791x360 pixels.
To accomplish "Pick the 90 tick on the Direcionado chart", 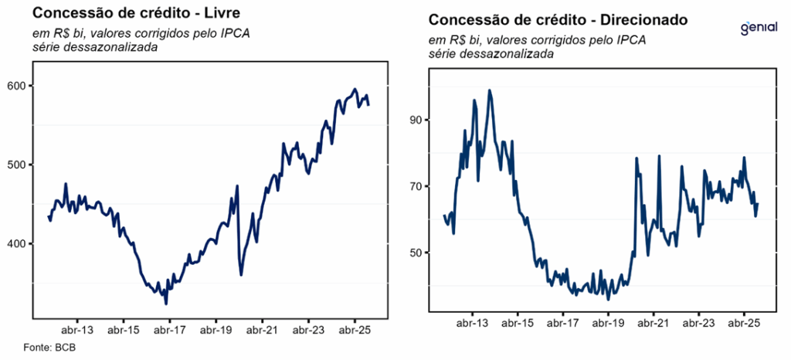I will (x=418, y=120).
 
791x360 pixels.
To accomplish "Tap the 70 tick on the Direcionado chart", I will (x=418, y=186).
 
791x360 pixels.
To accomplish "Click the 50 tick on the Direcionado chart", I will (x=418, y=253).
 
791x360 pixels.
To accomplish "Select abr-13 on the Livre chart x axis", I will (x=77, y=330).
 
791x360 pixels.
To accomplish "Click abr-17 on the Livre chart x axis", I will (x=169, y=330).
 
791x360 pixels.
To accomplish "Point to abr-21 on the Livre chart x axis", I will (x=262, y=330).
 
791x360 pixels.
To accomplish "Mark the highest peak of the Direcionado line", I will (x=490, y=90).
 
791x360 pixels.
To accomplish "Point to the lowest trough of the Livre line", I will (x=166, y=304).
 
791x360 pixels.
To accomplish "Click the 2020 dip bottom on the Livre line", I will (x=241, y=274).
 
